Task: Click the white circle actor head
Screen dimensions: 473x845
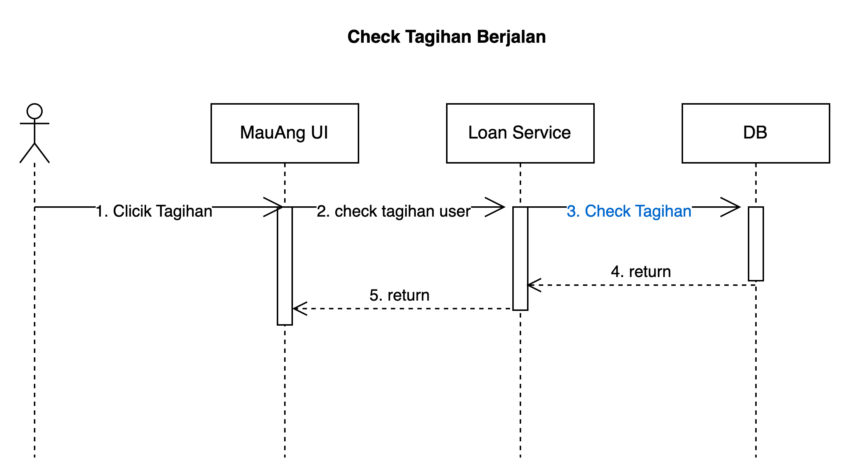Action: point(35,111)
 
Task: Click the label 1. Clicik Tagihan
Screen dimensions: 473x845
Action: point(153,211)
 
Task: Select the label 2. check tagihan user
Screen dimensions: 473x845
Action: point(393,211)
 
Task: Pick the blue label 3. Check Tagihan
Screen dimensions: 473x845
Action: point(629,211)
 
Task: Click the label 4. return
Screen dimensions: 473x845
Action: point(641,272)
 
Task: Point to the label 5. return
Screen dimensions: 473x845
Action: point(399,295)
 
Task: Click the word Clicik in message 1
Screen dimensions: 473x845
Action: point(132,211)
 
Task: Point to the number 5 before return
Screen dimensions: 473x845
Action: point(374,295)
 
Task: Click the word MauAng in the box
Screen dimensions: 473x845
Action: point(272,133)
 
